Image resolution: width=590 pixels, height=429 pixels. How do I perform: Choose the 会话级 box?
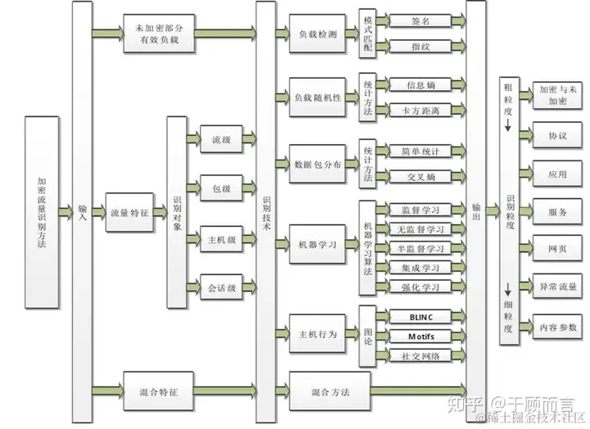tap(221, 287)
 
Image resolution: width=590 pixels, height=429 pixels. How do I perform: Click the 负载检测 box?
tap(317, 34)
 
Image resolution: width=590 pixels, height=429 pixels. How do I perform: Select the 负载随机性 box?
tap(317, 97)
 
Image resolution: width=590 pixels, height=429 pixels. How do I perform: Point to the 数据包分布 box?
tap(317, 164)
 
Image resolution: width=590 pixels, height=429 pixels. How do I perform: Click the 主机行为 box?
tap(317, 334)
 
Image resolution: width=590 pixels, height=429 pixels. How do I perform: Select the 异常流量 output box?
tap(557, 287)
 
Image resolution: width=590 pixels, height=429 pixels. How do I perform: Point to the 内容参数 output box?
tap(557, 327)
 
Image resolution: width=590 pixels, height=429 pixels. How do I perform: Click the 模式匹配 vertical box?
tap(366, 34)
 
